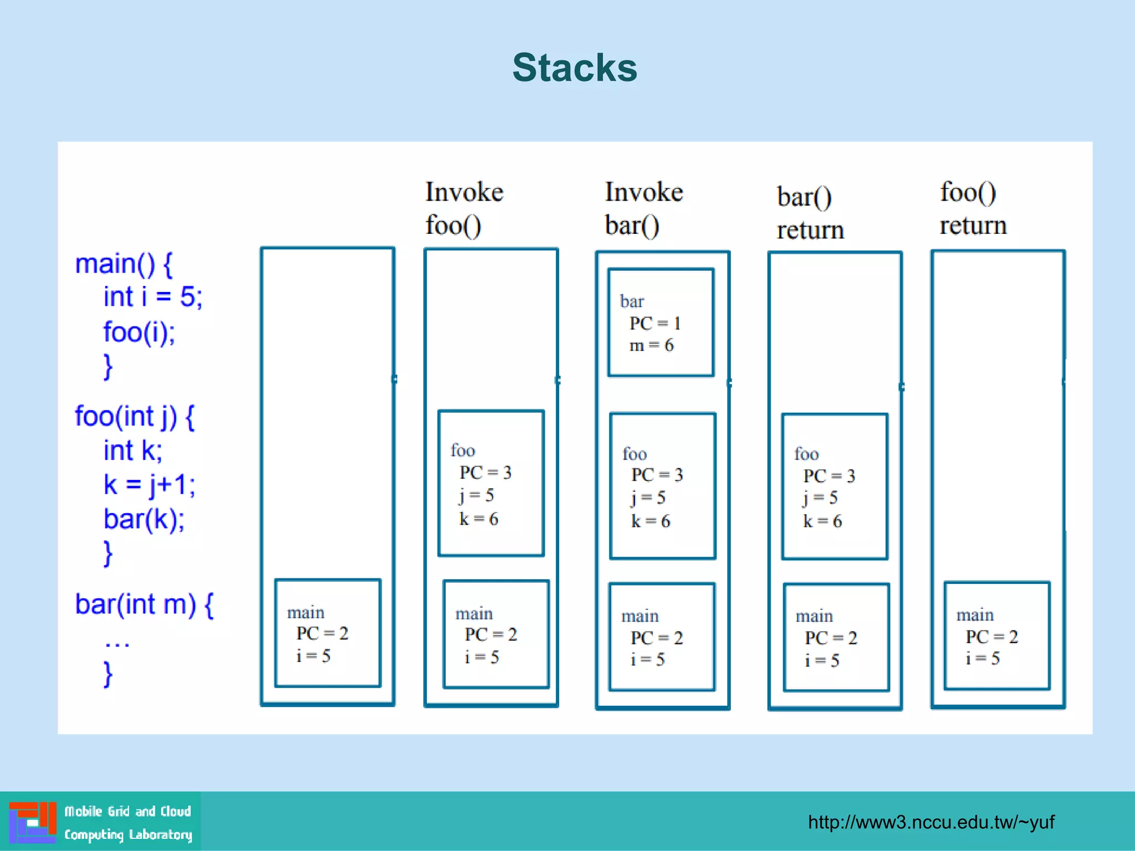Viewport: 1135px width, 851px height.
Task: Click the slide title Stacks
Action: pyautogui.click(x=575, y=68)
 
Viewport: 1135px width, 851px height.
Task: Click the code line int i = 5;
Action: pyautogui.click(x=152, y=297)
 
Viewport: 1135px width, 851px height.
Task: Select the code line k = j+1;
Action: pyautogui.click(x=149, y=485)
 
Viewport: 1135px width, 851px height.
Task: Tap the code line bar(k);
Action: pyautogui.click(x=144, y=519)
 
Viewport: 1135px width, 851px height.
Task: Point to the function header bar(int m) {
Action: pyautogui.click(x=144, y=604)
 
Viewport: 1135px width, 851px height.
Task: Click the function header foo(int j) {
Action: pyautogui.click(x=135, y=417)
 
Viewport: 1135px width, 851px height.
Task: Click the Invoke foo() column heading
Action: pyautogui.click(x=464, y=209)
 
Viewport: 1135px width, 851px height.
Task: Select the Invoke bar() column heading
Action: pyautogui.click(x=643, y=209)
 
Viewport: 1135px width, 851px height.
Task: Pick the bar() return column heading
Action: pyautogui.click(x=810, y=213)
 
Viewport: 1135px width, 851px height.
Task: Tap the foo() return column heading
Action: pyautogui.click(x=973, y=209)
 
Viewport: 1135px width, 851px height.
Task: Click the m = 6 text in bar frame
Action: pyautogui.click(x=651, y=346)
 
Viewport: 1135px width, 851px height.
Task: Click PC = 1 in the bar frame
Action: pyautogui.click(x=655, y=324)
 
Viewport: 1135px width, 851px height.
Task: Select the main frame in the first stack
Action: pyautogui.click(x=328, y=633)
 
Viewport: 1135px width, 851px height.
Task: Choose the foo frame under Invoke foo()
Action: pyautogui.click(x=490, y=483)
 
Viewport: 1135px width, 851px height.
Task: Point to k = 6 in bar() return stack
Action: pyautogui.click(x=822, y=521)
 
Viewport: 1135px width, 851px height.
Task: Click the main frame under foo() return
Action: pyautogui.click(x=996, y=635)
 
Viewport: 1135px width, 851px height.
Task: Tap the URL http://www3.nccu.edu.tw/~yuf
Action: pyautogui.click(x=931, y=822)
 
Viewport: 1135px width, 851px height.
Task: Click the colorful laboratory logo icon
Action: pyautogui.click(x=33, y=822)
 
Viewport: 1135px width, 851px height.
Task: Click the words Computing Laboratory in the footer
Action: pyautogui.click(x=128, y=834)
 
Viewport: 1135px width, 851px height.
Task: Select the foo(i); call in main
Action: pyautogui.click(x=139, y=332)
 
